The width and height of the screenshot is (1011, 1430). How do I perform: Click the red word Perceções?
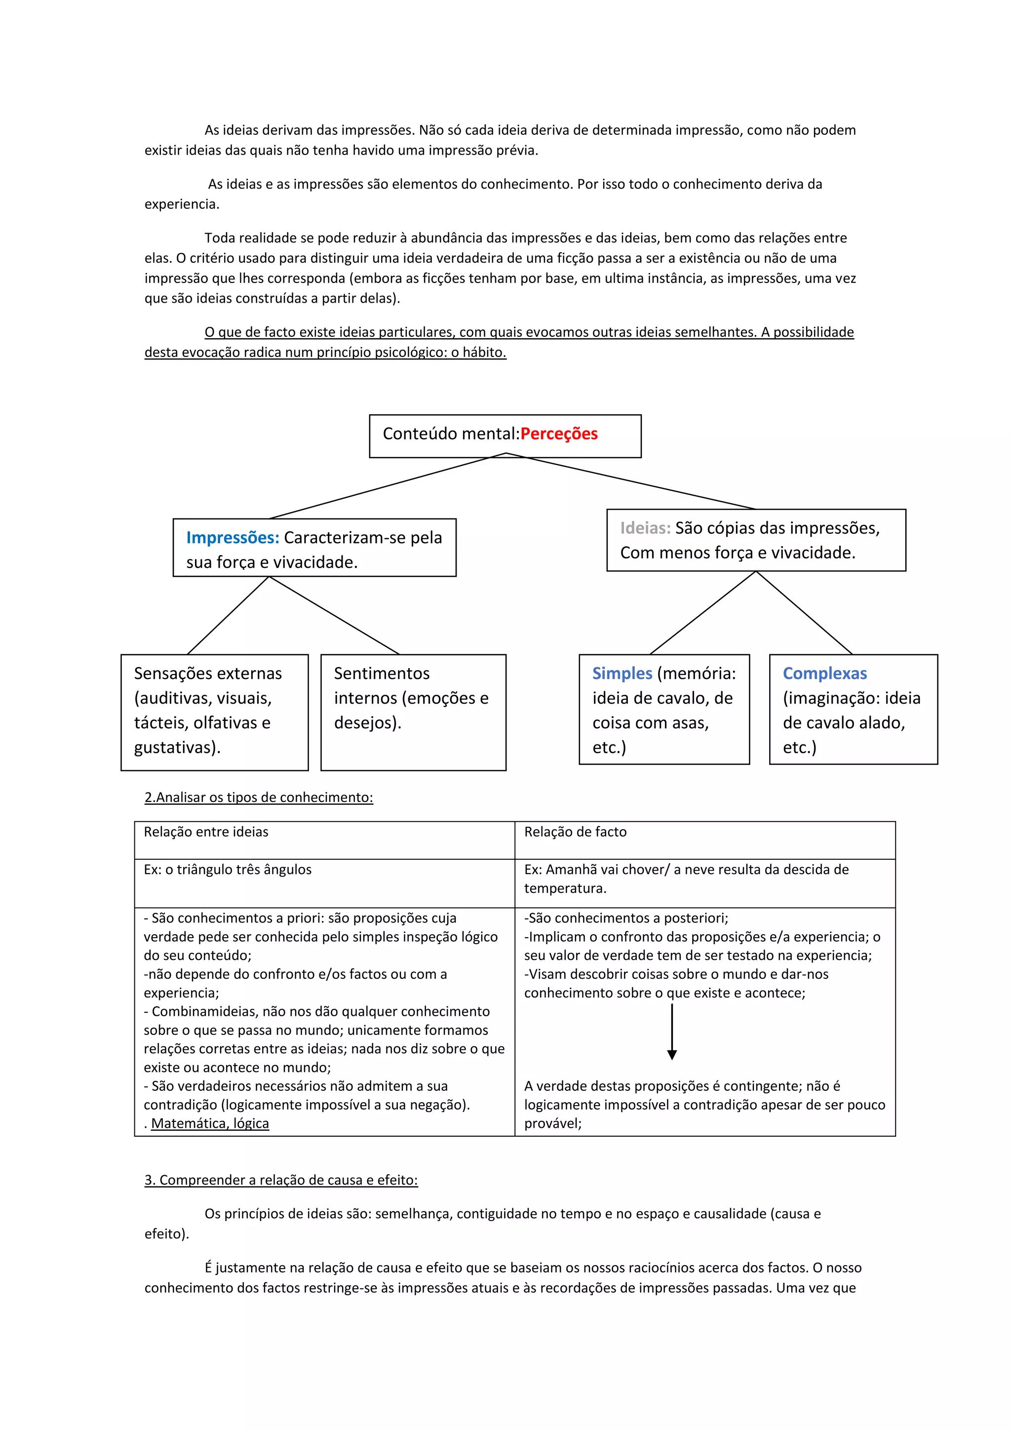[558, 434]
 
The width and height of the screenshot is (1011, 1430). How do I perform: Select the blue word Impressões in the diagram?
[232, 538]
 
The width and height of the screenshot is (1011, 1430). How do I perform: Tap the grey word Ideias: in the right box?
[645, 528]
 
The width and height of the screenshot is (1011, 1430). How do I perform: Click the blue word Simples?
[622, 673]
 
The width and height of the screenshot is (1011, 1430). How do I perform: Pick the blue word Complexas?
[824, 673]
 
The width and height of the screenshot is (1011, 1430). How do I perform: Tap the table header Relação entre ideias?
[206, 832]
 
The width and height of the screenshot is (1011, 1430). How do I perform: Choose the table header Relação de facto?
[575, 832]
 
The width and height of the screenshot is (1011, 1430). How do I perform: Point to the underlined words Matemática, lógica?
[210, 1123]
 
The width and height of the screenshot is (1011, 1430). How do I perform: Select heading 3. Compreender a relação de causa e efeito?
[281, 1180]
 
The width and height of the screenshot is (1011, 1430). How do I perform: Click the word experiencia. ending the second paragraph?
[182, 204]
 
